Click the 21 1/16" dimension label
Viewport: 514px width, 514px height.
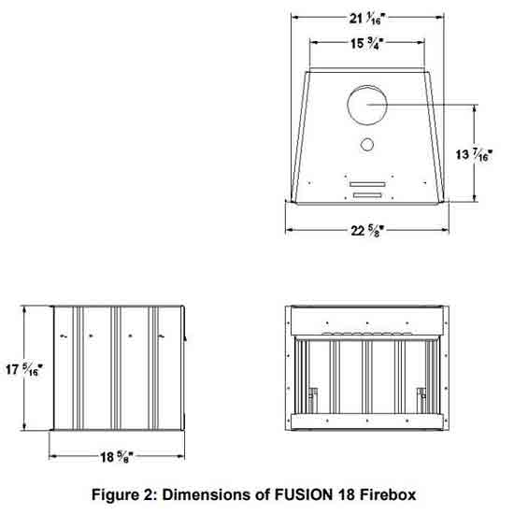366,19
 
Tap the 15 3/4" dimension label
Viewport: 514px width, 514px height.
367,44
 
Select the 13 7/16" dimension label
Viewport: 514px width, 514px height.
474,155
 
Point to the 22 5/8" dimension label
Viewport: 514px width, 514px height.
367,231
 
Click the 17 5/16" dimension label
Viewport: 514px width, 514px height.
24,369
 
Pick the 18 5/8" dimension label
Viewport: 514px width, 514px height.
117,457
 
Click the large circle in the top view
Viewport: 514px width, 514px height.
367,86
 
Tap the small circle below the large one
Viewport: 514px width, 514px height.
367,138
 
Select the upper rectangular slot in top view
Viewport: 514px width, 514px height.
367,184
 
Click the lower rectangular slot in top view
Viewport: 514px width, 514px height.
367,195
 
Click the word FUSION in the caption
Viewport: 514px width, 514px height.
303,494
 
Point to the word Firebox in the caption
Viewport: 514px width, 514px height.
388,494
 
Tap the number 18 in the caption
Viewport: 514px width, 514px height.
346,494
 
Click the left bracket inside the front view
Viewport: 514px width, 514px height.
312,400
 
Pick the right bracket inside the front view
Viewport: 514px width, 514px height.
421,400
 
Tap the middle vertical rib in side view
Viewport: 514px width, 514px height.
116,368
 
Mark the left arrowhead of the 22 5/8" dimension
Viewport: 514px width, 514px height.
289,230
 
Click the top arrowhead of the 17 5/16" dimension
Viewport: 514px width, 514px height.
24,309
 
